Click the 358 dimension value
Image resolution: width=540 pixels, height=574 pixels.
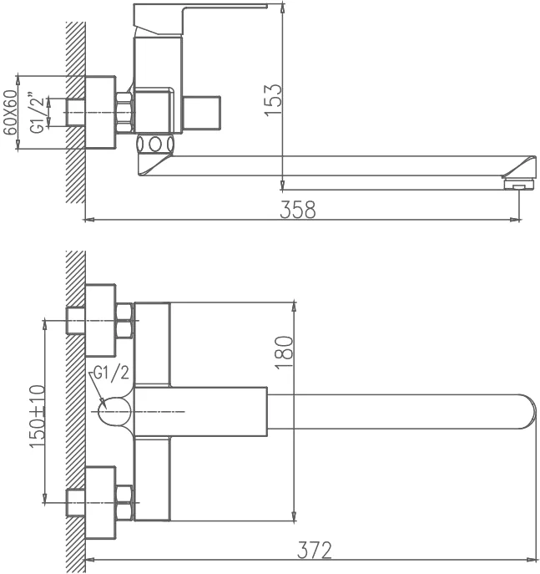click(x=298, y=210)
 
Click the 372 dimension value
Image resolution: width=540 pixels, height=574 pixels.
click(x=315, y=550)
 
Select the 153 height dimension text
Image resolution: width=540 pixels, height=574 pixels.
click(x=273, y=100)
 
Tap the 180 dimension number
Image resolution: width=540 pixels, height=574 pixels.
click(x=284, y=352)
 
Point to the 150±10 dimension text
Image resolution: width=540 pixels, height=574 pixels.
click(x=38, y=416)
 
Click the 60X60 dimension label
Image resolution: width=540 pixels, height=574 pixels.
click(x=10, y=113)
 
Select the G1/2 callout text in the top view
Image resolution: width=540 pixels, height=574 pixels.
click(x=112, y=373)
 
